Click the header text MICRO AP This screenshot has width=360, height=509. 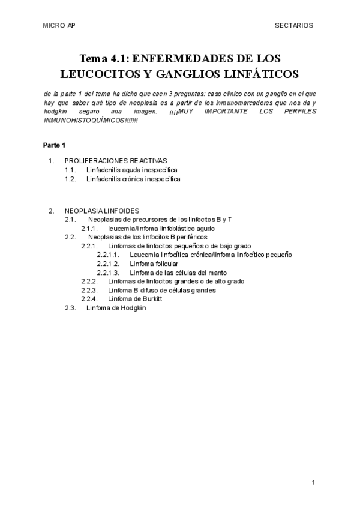click(x=59, y=26)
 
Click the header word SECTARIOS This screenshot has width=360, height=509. click(x=294, y=26)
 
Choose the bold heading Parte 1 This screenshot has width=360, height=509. click(x=54, y=146)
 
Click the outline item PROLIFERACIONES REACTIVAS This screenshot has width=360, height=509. click(x=116, y=160)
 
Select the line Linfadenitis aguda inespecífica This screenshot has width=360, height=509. click(x=131, y=170)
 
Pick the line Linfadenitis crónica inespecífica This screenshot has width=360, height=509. click(x=133, y=179)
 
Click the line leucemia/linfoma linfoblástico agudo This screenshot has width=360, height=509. click(x=161, y=229)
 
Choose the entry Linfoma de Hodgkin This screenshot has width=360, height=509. click(x=116, y=308)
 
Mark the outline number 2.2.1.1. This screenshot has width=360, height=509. click(x=108, y=255)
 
